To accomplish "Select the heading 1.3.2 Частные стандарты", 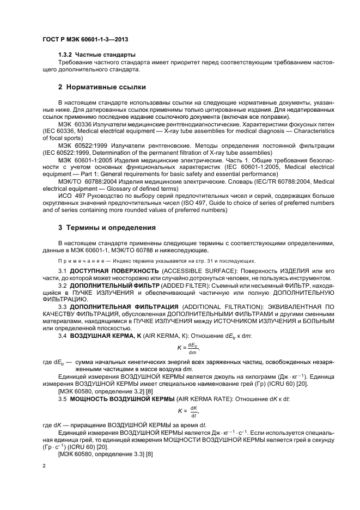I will pos(97,55).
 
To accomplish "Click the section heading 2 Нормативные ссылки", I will pos(101,87).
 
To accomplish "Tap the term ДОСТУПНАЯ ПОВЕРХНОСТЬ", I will pos(113,270).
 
